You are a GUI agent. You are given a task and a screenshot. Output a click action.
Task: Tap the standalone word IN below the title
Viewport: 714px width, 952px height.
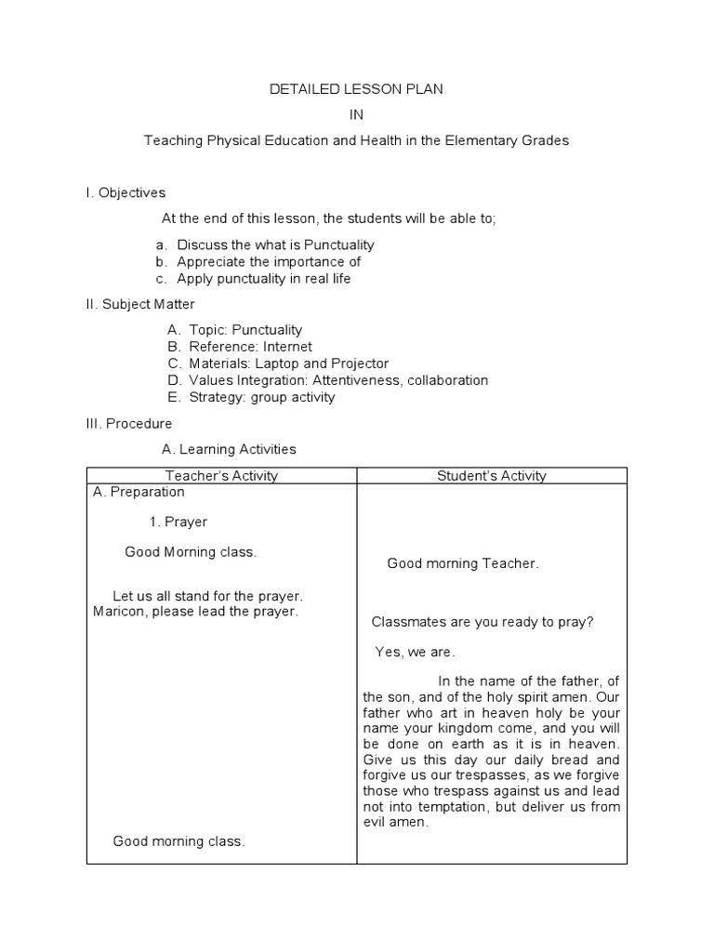pyautogui.click(x=357, y=114)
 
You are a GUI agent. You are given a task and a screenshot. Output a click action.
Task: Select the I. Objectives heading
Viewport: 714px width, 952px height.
pyautogui.click(x=126, y=192)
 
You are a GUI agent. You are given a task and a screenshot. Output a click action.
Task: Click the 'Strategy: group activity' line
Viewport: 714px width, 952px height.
pyautogui.click(x=261, y=397)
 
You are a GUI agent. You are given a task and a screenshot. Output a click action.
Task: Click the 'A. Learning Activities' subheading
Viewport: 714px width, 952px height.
pyautogui.click(x=229, y=449)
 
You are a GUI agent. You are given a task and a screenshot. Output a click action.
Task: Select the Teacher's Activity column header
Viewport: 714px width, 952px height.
pyautogui.click(x=222, y=476)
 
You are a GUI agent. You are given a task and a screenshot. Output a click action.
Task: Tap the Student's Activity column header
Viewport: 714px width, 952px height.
pyautogui.click(x=492, y=476)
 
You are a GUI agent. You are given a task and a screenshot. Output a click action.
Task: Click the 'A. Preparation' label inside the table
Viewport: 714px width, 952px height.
pyautogui.click(x=139, y=492)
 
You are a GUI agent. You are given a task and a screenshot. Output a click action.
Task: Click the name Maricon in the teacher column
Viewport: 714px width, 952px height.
pyautogui.click(x=120, y=611)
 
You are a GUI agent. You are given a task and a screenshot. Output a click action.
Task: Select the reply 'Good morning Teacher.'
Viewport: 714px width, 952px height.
pyautogui.click(x=462, y=563)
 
